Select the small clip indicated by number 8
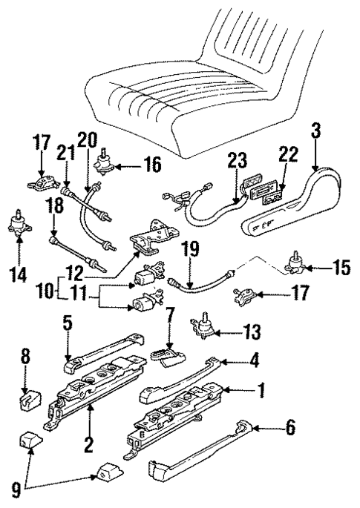click(x=27, y=401)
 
